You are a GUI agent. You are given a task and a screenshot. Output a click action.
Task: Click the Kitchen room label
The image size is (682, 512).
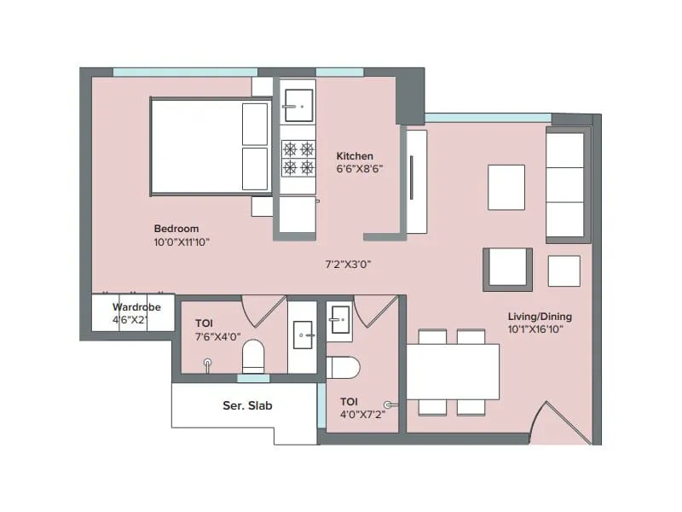355,156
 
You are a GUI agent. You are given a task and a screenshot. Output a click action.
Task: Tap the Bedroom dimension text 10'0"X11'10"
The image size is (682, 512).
182,242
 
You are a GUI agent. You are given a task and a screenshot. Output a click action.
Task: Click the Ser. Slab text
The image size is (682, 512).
247,406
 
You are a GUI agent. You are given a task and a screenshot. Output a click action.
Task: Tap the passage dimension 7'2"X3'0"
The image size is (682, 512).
348,265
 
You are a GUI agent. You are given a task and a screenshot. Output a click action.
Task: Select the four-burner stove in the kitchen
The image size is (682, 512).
298,157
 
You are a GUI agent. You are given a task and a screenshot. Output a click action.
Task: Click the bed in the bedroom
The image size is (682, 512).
211,147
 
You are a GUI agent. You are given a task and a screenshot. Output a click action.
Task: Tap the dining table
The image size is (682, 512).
453,371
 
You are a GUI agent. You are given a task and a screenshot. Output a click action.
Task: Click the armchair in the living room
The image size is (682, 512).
508,269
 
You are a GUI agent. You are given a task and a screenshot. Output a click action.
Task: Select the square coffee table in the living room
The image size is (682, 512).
506,187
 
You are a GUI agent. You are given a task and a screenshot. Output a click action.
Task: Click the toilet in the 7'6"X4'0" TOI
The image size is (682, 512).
253,357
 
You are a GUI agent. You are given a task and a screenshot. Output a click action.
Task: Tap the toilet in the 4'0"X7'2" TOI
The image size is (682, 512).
343,368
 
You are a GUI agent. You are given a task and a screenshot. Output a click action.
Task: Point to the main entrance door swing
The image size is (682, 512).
558,422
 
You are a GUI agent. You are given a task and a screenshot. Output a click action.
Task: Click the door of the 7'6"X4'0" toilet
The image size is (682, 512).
263,309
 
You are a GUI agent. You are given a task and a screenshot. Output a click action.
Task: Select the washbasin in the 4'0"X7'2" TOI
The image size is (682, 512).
339,318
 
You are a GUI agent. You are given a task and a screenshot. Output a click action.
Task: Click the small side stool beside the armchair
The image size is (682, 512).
564,271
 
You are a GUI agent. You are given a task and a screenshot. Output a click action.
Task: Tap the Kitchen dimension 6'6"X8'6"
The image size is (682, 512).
359,169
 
